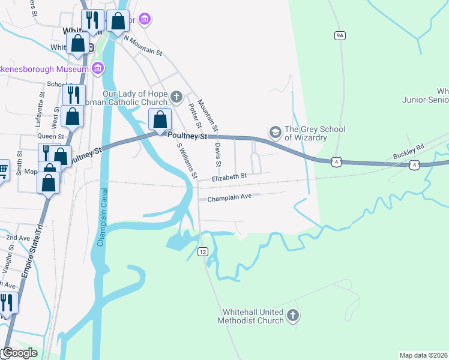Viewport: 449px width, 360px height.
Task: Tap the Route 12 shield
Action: click(x=203, y=251)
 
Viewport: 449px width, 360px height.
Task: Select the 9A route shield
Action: click(x=340, y=36)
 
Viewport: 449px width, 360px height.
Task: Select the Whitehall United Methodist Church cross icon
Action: click(x=292, y=315)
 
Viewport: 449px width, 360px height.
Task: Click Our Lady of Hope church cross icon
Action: click(x=176, y=96)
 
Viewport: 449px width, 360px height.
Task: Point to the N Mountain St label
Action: click(x=143, y=45)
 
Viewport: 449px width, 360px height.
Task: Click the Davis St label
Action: click(x=218, y=155)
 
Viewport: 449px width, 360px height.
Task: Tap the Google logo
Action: click(x=19, y=353)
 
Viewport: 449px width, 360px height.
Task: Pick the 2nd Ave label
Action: click(x=18, y=238)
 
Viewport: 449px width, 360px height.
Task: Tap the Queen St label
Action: click(x=51, y=137)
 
